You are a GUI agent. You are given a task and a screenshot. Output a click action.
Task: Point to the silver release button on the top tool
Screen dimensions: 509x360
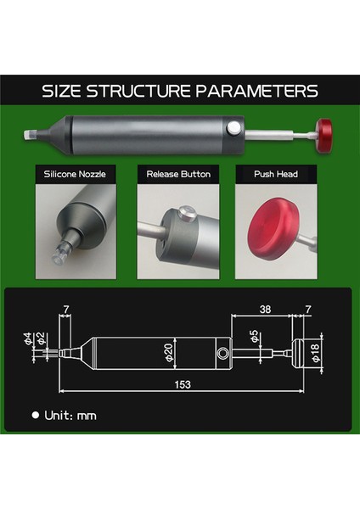(x=233, y=128)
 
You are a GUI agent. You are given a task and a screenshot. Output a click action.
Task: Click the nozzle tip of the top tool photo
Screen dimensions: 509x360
(x=29, y=134)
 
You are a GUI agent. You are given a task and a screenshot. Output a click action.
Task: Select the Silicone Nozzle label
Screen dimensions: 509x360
(x=76, y=174)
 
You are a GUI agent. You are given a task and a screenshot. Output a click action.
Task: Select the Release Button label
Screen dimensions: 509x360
(x=178, y=174)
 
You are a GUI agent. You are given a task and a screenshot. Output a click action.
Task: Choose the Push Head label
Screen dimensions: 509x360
(x=275, y=174)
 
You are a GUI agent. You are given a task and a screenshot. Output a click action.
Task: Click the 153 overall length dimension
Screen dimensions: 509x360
(x=182, y=384)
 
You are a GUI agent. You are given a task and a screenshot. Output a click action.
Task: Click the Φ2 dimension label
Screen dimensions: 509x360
(x=41, y=344)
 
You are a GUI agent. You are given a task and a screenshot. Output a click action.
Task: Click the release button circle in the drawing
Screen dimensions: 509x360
(x=222, y=351)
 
